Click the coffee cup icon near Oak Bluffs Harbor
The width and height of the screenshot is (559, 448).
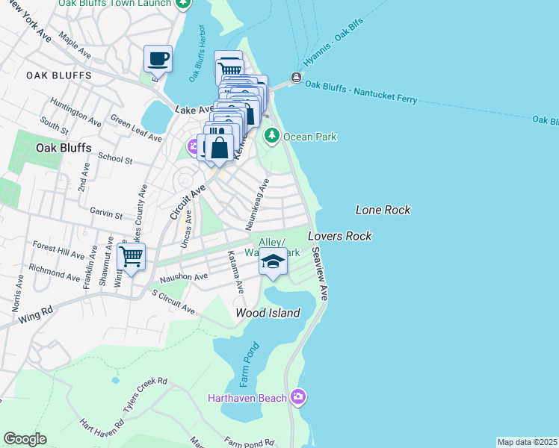click(158, 58)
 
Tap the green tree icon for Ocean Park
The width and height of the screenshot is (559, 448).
click(272, 136)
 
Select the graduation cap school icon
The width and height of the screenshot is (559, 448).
click(274, 262)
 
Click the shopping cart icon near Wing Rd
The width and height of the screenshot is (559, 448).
click(132, 257)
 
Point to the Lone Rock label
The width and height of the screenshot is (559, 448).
click(383, 211)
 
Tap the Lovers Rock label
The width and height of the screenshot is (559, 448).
click(339, 236)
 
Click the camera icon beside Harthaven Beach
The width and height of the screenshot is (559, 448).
click(298, 397)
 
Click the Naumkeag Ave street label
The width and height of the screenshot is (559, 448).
click(256, 204)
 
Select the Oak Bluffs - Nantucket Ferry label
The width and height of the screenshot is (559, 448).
click(364, 85)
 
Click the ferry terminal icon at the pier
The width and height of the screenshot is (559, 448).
click(297, 78)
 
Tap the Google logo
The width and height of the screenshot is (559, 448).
click(25, 439)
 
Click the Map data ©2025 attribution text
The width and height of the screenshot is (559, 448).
click(528, 442)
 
